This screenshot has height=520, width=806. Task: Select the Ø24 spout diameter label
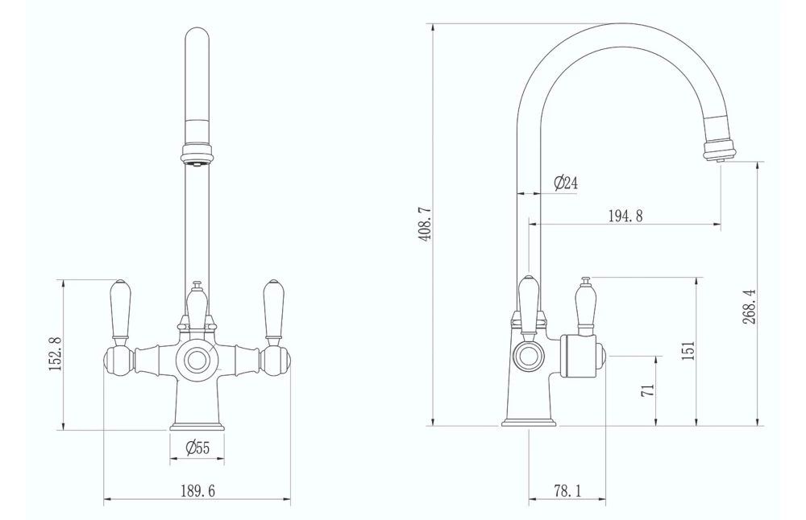tap(566, 184)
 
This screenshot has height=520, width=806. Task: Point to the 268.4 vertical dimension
tap(748, 306)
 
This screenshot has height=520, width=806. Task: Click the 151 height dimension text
tap(688, 350)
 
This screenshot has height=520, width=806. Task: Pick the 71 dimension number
tap(646, 390)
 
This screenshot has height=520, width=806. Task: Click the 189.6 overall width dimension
tap(197, 491)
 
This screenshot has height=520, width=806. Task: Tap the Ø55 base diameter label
tap(197, 448)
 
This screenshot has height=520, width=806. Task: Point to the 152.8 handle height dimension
tap(55, 353)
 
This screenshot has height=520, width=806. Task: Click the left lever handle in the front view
tap(120, 311)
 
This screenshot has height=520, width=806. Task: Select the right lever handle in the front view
tap(273, 311)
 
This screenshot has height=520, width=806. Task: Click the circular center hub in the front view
tap(197, 359)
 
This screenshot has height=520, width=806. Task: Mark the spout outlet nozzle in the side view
tap(719, 151)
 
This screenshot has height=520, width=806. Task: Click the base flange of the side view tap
tap(529, 421)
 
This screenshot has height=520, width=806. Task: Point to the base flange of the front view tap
tap(197, 425)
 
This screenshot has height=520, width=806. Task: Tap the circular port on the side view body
tap(529, 355)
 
